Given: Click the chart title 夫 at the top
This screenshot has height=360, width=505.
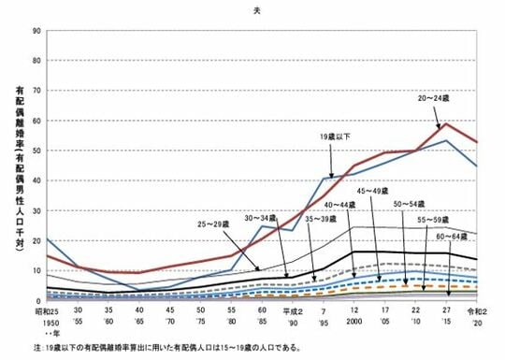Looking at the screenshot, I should pyautogui.click(x=255, y=10).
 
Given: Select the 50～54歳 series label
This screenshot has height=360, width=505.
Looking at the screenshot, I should pyautogui.click(x=411, y=202).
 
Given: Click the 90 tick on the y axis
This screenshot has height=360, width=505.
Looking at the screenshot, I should pyautogui.click(x=36, y=31).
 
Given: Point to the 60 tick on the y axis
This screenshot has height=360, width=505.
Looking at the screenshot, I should pyautogui.click(x=36, y=121).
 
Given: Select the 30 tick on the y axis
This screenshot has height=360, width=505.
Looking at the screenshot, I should pyautogui.click(x=36, y=211).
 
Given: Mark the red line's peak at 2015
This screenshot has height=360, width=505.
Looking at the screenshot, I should pyautogui.click(x=447, y=123).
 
